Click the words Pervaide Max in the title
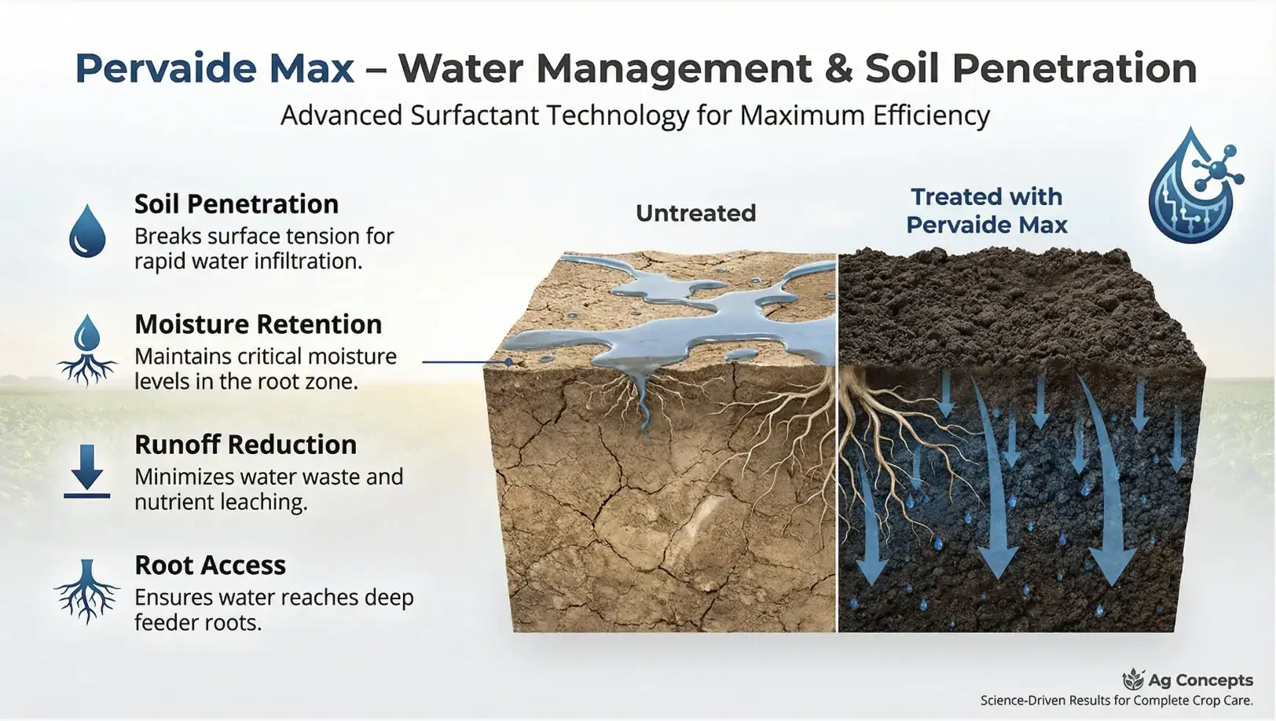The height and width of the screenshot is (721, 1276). click(x=214, y=68)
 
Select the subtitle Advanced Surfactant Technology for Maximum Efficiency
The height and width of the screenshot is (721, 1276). click(x=635, y=115)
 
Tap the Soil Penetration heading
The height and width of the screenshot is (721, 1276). click(x=236, y=204)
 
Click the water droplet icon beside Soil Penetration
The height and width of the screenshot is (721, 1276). click(x=87, y=231)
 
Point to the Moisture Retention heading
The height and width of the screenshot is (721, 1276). click(x=258, y=324)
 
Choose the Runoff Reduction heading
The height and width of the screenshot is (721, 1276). click(x=245, y=445)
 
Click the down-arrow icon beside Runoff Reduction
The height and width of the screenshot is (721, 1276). click(x=87, y=470)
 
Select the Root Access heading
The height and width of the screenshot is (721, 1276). click(x=210, y=565)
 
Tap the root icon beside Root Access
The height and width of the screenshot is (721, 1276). click(x=87, y=591)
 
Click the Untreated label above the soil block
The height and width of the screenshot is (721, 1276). click(x=695, y=213)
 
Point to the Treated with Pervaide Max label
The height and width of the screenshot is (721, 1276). click(x=986, y=210)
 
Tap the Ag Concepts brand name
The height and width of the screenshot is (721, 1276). click(x=1200, y=680)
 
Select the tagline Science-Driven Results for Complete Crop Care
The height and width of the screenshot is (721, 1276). click(x=1116, y=701)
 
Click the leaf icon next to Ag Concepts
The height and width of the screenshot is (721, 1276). click(x=1133, y=679)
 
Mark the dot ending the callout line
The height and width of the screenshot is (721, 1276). click(x=509, y=362)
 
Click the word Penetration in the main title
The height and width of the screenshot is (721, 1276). click(x=1074, y=68)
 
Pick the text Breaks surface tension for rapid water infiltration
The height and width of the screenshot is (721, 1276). click(x=264, y=248)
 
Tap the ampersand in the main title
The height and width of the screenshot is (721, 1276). click(x=838, y=68)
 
